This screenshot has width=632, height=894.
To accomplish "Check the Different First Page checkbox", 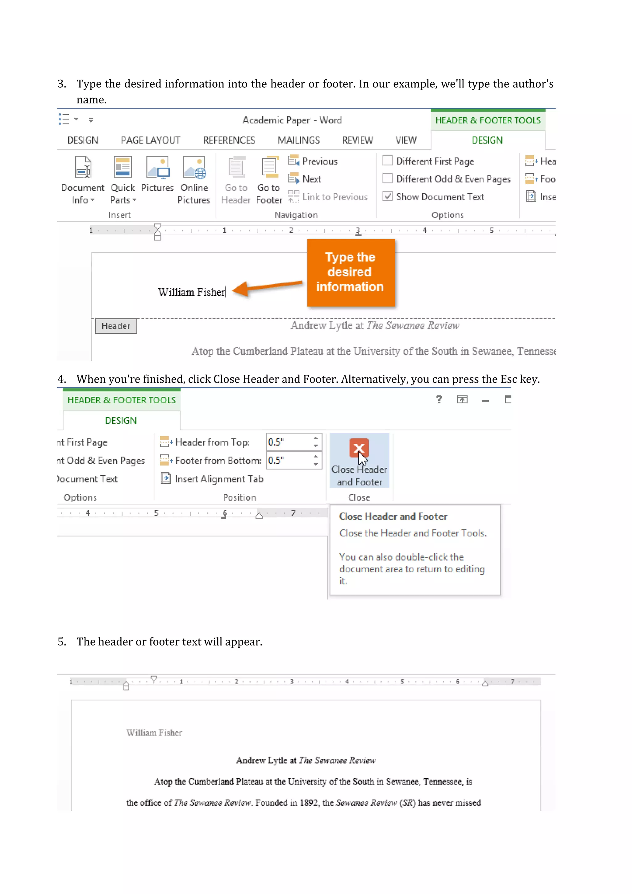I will pyautogui.click(x=388, y=161).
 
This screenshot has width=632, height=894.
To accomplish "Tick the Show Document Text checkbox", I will pyautogui.click(x=388, y=196).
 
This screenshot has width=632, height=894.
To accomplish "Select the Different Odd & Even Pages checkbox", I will pyautogui.click(x=388, y=179).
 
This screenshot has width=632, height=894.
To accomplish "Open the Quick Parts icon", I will pyautogui.click(x=123, y=167).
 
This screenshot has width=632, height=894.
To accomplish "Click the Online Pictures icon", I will pyautogui.click(x=194, y=167).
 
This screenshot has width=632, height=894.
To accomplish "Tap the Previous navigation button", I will pyautogui.click(x=313, y=161).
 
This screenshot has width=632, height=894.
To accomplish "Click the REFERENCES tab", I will pyautogui.click(x=229, y=140).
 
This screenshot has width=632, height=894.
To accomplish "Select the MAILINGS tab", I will pyautogui.click(x=298, y=140).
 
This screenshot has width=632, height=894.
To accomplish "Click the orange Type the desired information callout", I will pyautogui.click(x=351, y=272).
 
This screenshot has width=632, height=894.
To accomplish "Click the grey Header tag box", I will pyautogui.click(x=116, y=326).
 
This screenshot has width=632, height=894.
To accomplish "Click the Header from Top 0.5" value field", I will pyautogui.click(x=289, y=442).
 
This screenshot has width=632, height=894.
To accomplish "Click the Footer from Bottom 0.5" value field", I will pyautogui.click(x=289, y=460).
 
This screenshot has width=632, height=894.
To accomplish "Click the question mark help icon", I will pyautogui.click(x=439, y=399).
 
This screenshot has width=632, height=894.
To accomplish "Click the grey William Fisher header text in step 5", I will pyautogui.click(x=154, y=733).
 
